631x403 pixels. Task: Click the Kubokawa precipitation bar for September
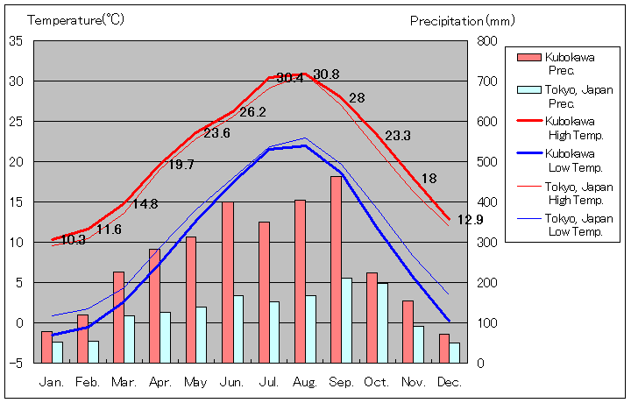(336, 269)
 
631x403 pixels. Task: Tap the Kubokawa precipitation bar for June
(227, 282)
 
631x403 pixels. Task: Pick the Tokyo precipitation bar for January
(58, 352)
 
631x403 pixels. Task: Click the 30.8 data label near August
(326, 74)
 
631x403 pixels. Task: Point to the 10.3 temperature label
(73, 240)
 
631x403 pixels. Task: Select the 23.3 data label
(398, 136)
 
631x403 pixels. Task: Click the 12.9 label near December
(469, 220)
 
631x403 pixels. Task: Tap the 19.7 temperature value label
(181, 165)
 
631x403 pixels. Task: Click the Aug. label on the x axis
(305, 382)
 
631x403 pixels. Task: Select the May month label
(195, 382)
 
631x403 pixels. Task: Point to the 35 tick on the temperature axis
(17, 41)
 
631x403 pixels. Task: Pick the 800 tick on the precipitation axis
(488, 41)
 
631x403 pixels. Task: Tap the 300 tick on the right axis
(488, 243)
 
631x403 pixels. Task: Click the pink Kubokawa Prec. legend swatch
(528, 58)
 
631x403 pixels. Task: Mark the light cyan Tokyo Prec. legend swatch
(528, 89)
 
